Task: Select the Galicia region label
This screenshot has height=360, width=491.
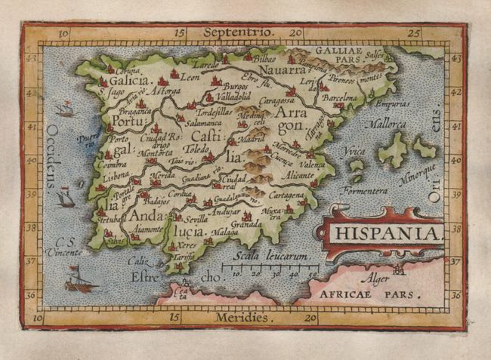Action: point(128,78)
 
